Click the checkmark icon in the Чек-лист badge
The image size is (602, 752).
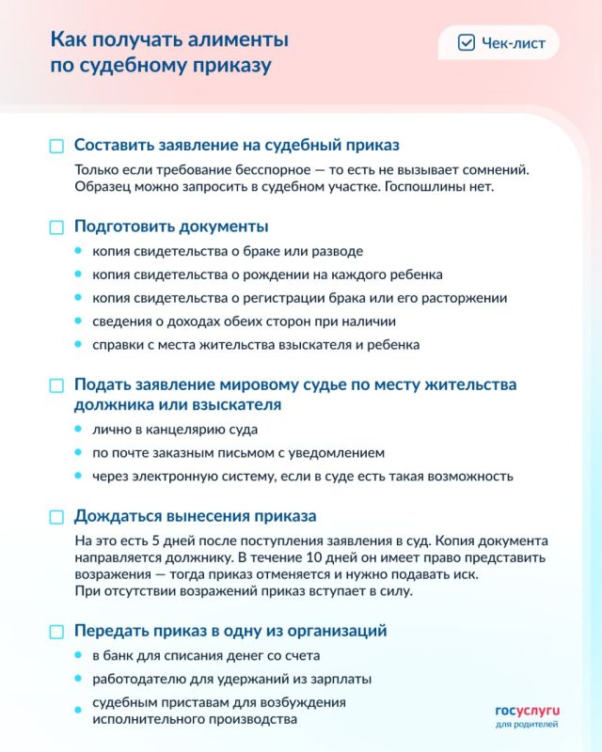click(x=466, y=43)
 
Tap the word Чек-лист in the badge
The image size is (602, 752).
click(x=513, y=43)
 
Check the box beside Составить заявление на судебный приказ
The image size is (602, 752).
click(x=56, y=147)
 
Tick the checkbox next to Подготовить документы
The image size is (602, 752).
click(x=56, y=227)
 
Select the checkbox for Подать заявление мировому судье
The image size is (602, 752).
click(x=56, y=385)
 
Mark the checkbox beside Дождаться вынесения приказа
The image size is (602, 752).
click(x=56, y=517)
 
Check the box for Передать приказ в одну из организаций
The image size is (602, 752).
click(x=56, y=632)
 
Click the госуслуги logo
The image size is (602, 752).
click(x=527, y=712)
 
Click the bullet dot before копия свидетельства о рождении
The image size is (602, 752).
click(x=78, y=275)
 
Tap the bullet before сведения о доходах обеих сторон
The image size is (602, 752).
click(x=78, y=321)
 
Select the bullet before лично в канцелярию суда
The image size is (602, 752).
click(x=78, y=430)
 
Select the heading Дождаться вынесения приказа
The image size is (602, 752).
click(x=195, y=517)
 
